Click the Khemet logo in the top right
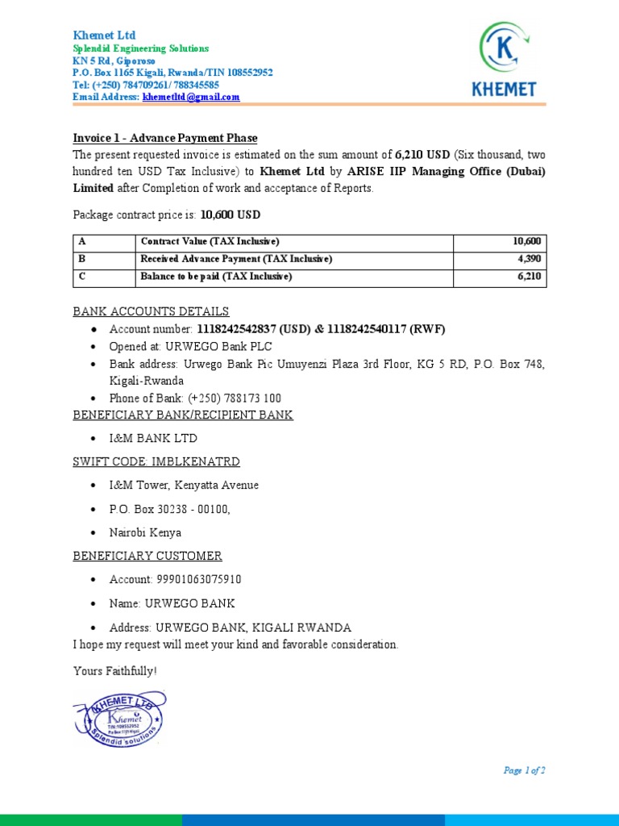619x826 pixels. point(504,60)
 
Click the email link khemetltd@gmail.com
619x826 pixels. point(191,97)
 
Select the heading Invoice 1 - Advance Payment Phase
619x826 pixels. point(165,138)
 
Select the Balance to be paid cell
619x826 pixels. point(216,277)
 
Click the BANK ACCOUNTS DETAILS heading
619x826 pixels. point(151,311)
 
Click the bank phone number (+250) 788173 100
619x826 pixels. point(235,398)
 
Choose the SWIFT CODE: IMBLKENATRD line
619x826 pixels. point(156,461)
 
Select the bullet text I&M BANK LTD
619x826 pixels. point(153,438)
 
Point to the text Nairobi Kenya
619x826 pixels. point(145,532)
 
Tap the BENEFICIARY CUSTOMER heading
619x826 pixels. point(147,556)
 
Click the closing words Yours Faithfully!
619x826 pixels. point(115,671)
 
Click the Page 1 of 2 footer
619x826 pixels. point(525,770)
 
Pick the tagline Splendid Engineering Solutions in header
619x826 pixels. point(141,48)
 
